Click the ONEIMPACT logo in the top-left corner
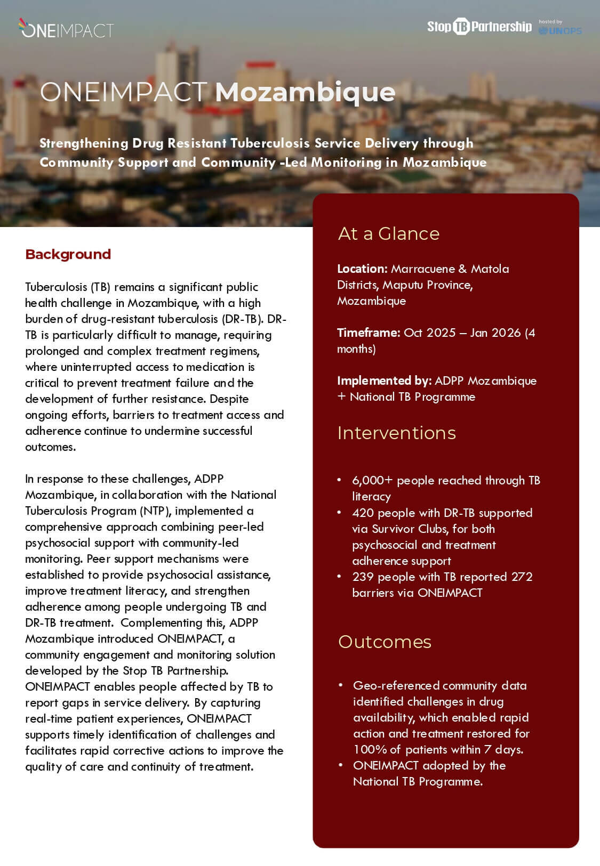66,29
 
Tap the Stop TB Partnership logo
479,27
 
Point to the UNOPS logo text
561,31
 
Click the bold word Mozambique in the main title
305,92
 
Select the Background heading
68,254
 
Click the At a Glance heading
388,233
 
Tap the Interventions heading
396,433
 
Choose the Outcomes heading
385,642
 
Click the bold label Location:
362,269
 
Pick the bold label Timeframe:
368,333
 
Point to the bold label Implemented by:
383,381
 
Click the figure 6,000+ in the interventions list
372,480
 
